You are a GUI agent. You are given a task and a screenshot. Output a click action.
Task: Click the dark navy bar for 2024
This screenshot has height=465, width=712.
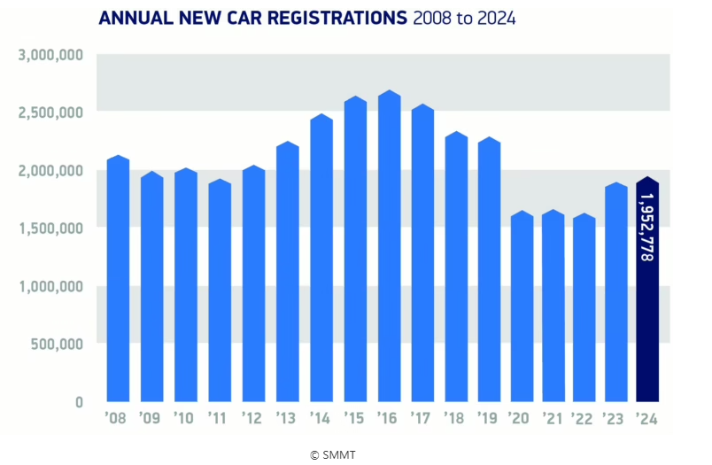point(647,292)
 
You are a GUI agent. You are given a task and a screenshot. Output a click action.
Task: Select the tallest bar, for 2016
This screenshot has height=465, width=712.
point(390,248)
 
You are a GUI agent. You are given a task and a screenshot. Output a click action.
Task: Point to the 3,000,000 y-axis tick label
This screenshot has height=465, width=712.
point(50,55)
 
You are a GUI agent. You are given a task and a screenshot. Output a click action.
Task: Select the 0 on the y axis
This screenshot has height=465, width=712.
point(79,401)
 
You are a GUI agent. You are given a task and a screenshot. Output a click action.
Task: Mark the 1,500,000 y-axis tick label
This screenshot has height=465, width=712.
point(50,228)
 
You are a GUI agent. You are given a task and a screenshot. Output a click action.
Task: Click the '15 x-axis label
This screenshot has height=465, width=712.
point(355,418)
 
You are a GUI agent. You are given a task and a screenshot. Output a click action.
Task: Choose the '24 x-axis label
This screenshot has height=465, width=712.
point(647,418)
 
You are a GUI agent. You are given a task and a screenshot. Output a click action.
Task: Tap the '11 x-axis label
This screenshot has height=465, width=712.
point(219,418)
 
